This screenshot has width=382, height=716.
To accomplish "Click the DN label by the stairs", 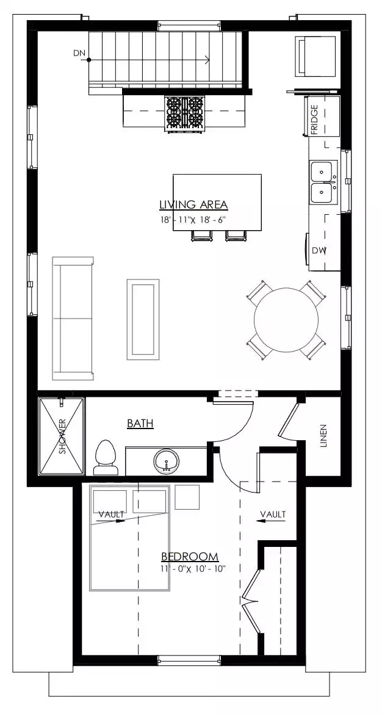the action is [x=79, y=53].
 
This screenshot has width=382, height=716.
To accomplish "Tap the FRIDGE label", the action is [x=314, y=120].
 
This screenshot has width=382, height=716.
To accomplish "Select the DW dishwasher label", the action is [x=318, y=250].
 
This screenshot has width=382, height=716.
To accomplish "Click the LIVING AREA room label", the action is [x=193, y=204].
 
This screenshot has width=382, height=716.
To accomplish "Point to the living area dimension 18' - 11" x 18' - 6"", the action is [x=193, y=219].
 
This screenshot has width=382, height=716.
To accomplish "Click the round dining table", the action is [x=286, y=319].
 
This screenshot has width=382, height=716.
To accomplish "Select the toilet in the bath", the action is [x=106, y=457].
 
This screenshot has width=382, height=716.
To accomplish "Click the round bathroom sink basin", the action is [x=166, y=461].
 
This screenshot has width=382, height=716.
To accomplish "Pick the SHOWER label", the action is [x=62, y=436].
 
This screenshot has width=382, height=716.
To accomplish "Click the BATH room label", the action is [x=140, y=424].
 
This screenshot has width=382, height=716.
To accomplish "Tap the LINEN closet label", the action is [x=323, y=436].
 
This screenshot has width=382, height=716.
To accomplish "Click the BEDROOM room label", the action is [x=190, y=557].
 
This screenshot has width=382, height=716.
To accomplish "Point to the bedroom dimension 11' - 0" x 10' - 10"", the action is [x=193, y=568].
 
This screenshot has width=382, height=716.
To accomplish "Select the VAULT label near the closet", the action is [x=273, y=514].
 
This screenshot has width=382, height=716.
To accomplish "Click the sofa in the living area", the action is [x=73, y=318].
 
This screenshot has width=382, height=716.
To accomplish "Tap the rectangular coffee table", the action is [x=143, y=319].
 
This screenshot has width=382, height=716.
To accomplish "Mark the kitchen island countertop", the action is [x=217, y=202].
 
